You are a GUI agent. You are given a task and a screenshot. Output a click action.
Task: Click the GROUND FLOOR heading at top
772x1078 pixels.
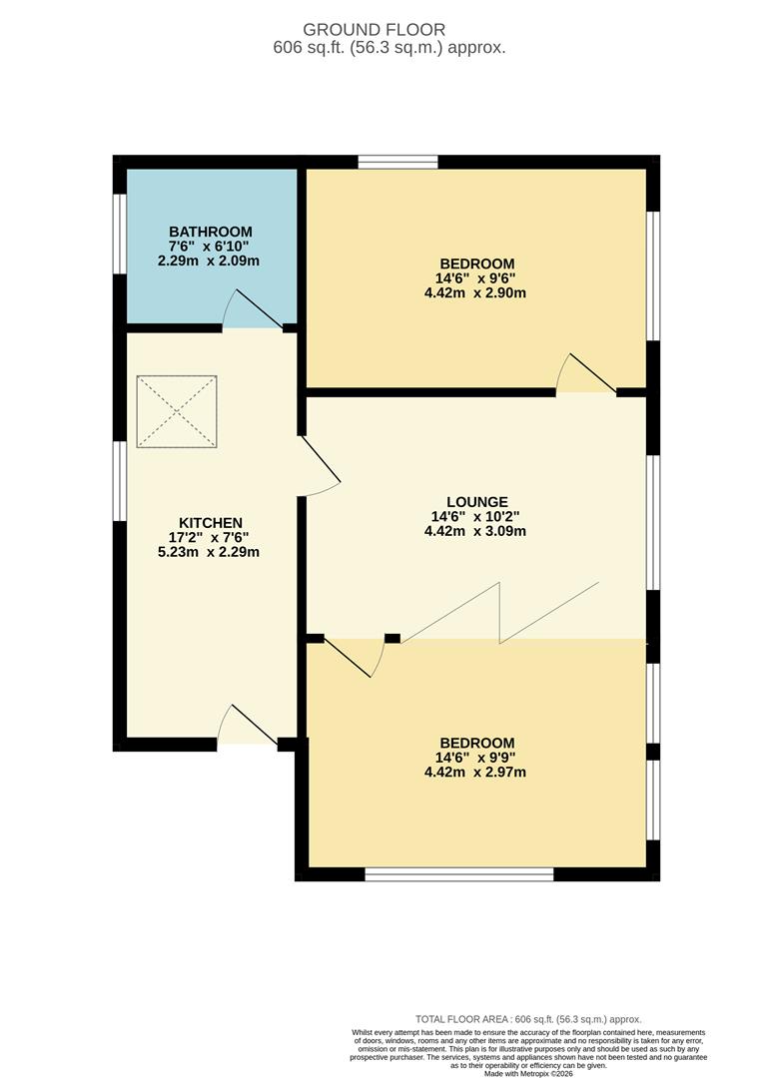[374, 30]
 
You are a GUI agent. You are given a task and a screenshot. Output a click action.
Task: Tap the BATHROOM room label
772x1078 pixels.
[211, 232]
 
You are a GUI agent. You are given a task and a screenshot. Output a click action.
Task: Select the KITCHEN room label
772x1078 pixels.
[211, 523]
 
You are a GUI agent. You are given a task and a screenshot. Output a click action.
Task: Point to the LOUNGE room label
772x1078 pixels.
[476, 502]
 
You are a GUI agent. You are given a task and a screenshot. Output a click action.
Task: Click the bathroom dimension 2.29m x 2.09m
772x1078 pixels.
[209, 261]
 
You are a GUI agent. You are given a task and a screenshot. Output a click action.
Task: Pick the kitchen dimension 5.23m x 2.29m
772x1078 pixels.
[209, 551]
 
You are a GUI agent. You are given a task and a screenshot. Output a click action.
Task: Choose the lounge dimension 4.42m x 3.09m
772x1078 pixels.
[475, 531]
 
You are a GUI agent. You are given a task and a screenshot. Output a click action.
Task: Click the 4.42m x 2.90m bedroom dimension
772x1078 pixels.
[475, 292]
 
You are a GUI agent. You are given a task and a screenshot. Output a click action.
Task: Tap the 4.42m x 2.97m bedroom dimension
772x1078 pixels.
[475, 772]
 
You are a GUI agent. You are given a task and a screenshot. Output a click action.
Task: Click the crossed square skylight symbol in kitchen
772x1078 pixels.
[177, 412]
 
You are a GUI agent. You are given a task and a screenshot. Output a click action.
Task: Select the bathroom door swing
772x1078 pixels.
[252, 308]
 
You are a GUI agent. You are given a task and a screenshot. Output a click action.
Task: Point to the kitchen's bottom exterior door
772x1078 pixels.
[248, 724]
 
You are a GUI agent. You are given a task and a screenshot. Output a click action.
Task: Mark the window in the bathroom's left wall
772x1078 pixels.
[120, 234]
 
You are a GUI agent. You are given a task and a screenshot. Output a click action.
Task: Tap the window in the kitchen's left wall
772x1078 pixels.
[120, 481]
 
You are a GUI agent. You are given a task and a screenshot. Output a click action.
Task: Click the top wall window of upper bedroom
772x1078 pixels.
[397, 163]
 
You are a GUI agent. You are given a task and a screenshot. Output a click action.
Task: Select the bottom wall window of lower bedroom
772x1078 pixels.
[459, 874]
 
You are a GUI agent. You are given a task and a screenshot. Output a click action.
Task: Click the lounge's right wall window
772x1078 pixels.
[653, 522]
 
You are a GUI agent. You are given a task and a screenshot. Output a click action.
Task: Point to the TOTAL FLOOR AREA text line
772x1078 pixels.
[528, 1019]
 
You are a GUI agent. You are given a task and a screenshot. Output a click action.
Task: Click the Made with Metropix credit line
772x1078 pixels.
[528, 1073]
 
